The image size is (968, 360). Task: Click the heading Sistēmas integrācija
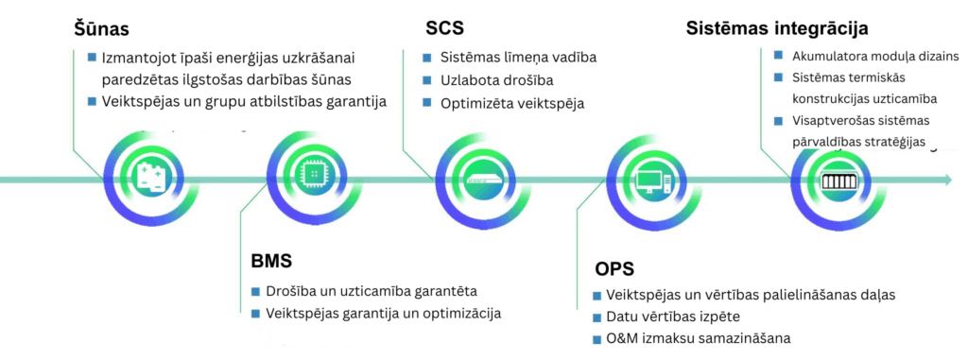click(x=777, y=27)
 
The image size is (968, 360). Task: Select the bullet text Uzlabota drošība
click(x=496, y=80)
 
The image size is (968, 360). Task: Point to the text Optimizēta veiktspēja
click(x=512, y=103)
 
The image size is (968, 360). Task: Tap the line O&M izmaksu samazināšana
click(x=698, y=338)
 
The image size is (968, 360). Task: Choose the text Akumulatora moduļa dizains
click(x=874, y=55)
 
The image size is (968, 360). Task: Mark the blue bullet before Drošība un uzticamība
click(x=255, y=290)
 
